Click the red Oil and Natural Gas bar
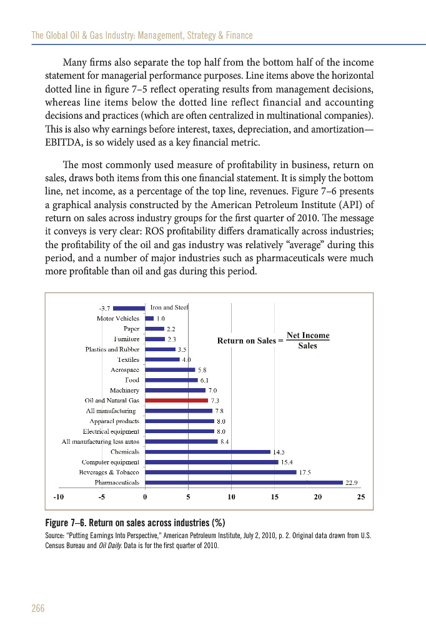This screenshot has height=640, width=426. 176,400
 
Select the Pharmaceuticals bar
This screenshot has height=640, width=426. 244,482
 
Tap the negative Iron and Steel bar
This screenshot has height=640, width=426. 129,307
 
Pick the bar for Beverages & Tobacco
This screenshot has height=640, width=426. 220,472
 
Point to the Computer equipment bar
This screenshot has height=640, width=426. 211,462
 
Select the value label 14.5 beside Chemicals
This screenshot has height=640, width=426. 279,451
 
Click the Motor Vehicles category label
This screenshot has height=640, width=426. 118,318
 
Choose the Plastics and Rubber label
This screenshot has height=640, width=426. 112,349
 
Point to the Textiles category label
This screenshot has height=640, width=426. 128,359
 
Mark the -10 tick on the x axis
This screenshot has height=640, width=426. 59,497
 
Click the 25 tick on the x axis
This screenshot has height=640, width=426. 360,497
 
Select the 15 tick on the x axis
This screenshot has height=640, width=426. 274,497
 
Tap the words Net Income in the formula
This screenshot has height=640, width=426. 307,336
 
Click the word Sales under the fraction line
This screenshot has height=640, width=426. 307,346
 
